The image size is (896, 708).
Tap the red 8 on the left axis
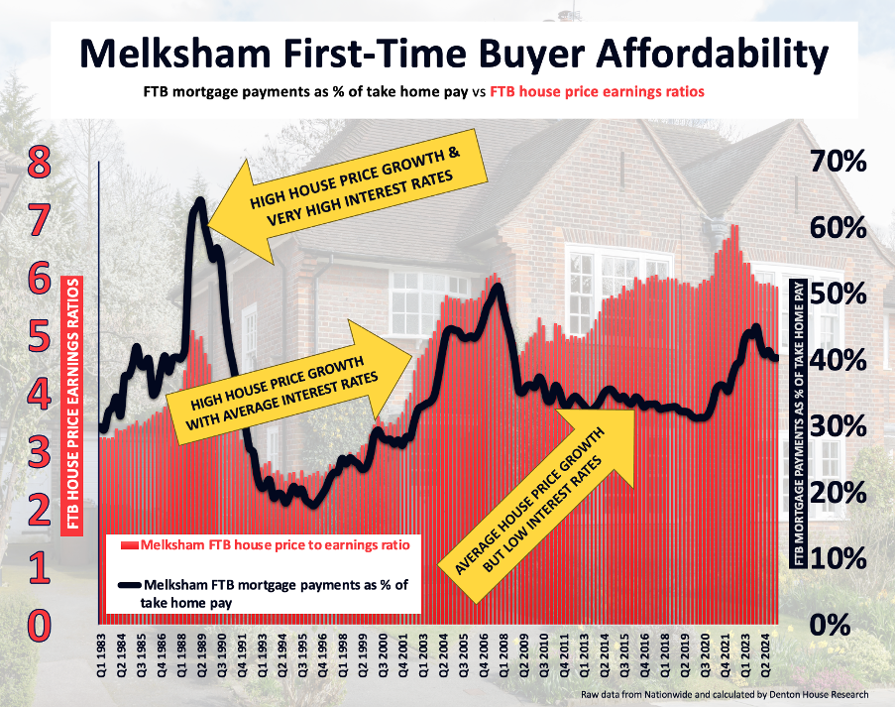tap(39, 164)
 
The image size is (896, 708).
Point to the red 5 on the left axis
tap(39, 337)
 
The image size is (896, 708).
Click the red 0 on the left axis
tap(39, 625)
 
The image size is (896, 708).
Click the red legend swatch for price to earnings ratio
tap(129, 545)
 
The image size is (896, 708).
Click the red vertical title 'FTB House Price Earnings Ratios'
tap(71, 406)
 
